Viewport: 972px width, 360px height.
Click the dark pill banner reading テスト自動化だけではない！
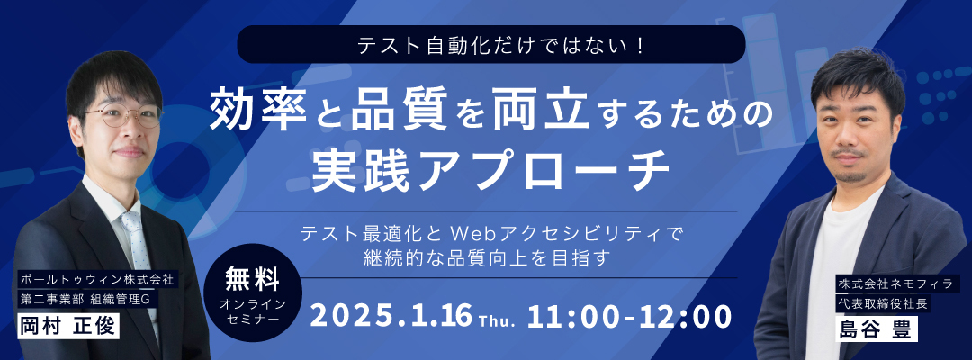[x=491, y=44]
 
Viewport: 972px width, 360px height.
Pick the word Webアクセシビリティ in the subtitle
[x=558, y=234]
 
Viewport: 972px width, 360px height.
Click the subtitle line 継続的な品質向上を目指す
[x=487, y=257]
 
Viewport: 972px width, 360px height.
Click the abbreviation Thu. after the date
[x=498, y=321]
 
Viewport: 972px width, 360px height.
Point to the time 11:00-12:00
[x=629, y=316]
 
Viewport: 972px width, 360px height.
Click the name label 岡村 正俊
[x=67, y=325]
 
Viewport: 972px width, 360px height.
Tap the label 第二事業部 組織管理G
[x=87, y=299]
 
